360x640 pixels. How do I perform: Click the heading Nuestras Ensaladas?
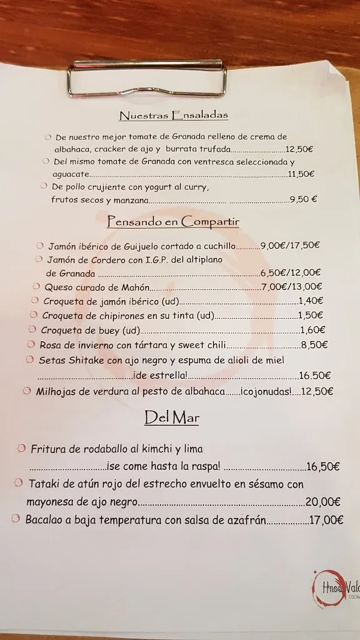pos(164,115)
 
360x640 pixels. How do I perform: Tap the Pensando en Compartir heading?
pos(173,221)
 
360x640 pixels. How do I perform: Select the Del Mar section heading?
pos(171,417)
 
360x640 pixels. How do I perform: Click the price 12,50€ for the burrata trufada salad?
pos(299,149)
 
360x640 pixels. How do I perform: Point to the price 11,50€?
pos(301,174)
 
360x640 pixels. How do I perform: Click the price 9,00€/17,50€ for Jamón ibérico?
pos(290,246)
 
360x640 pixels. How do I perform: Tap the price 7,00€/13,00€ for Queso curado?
pos(291,287)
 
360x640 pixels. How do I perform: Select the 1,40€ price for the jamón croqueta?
pos(311,301)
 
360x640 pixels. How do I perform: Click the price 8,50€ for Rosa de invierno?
pos(314,345)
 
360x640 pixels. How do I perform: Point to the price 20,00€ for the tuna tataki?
pos(323,501)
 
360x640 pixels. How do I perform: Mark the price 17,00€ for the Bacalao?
pos(327,519)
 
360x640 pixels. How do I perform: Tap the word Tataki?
pos(46,484)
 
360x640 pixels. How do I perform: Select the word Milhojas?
pos(56,391)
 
